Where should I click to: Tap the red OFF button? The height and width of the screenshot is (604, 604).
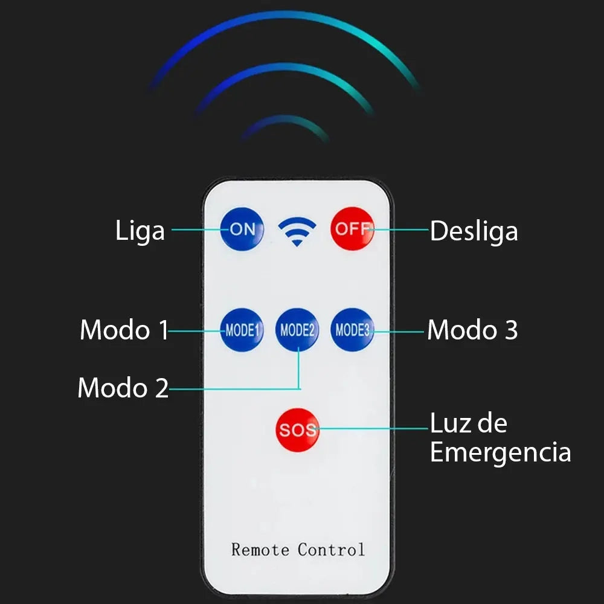click(352, 229)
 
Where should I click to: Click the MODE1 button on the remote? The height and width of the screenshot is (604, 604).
click(242, 330)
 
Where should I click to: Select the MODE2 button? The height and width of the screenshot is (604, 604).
click(297, 330)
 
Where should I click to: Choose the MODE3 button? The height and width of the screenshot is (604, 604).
click(352, 330)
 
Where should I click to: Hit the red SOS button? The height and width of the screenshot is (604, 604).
click(297, 430)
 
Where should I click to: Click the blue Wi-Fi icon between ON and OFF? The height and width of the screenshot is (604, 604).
click(297, 231)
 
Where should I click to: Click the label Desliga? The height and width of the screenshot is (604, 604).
click(474, 231)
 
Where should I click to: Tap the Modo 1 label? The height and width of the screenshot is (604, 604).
click(124, 330)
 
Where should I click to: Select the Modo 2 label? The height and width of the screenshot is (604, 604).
click(123, 388)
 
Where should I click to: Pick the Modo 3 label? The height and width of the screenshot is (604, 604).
click(473, 330)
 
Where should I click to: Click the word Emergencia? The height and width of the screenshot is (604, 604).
click(500, 452)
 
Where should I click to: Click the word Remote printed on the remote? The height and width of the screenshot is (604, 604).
click(260, 550)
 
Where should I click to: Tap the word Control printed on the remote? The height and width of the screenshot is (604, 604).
click(331, 550)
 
